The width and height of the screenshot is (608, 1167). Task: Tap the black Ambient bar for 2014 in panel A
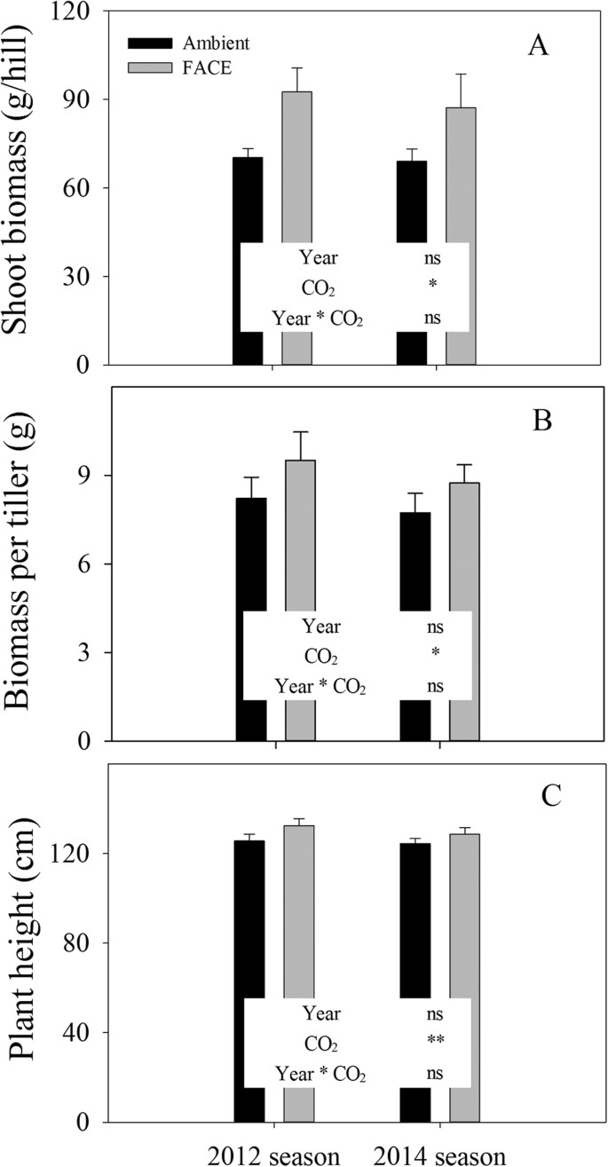click(411, 204)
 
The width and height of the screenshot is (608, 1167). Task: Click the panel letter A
click(537, 47)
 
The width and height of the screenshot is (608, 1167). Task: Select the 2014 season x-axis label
click(439, 1155)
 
